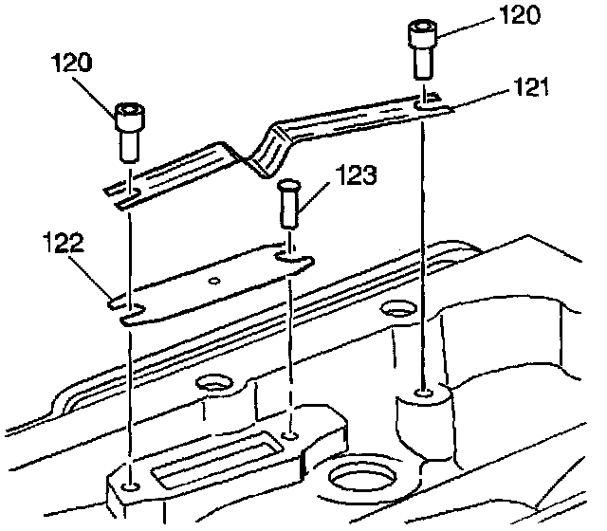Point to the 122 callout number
pyautogui.click(x=62, y=244)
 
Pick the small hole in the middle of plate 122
pyautogui.click(x=215, y=280)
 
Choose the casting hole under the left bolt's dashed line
pyautogui.click(x=132, y=487)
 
